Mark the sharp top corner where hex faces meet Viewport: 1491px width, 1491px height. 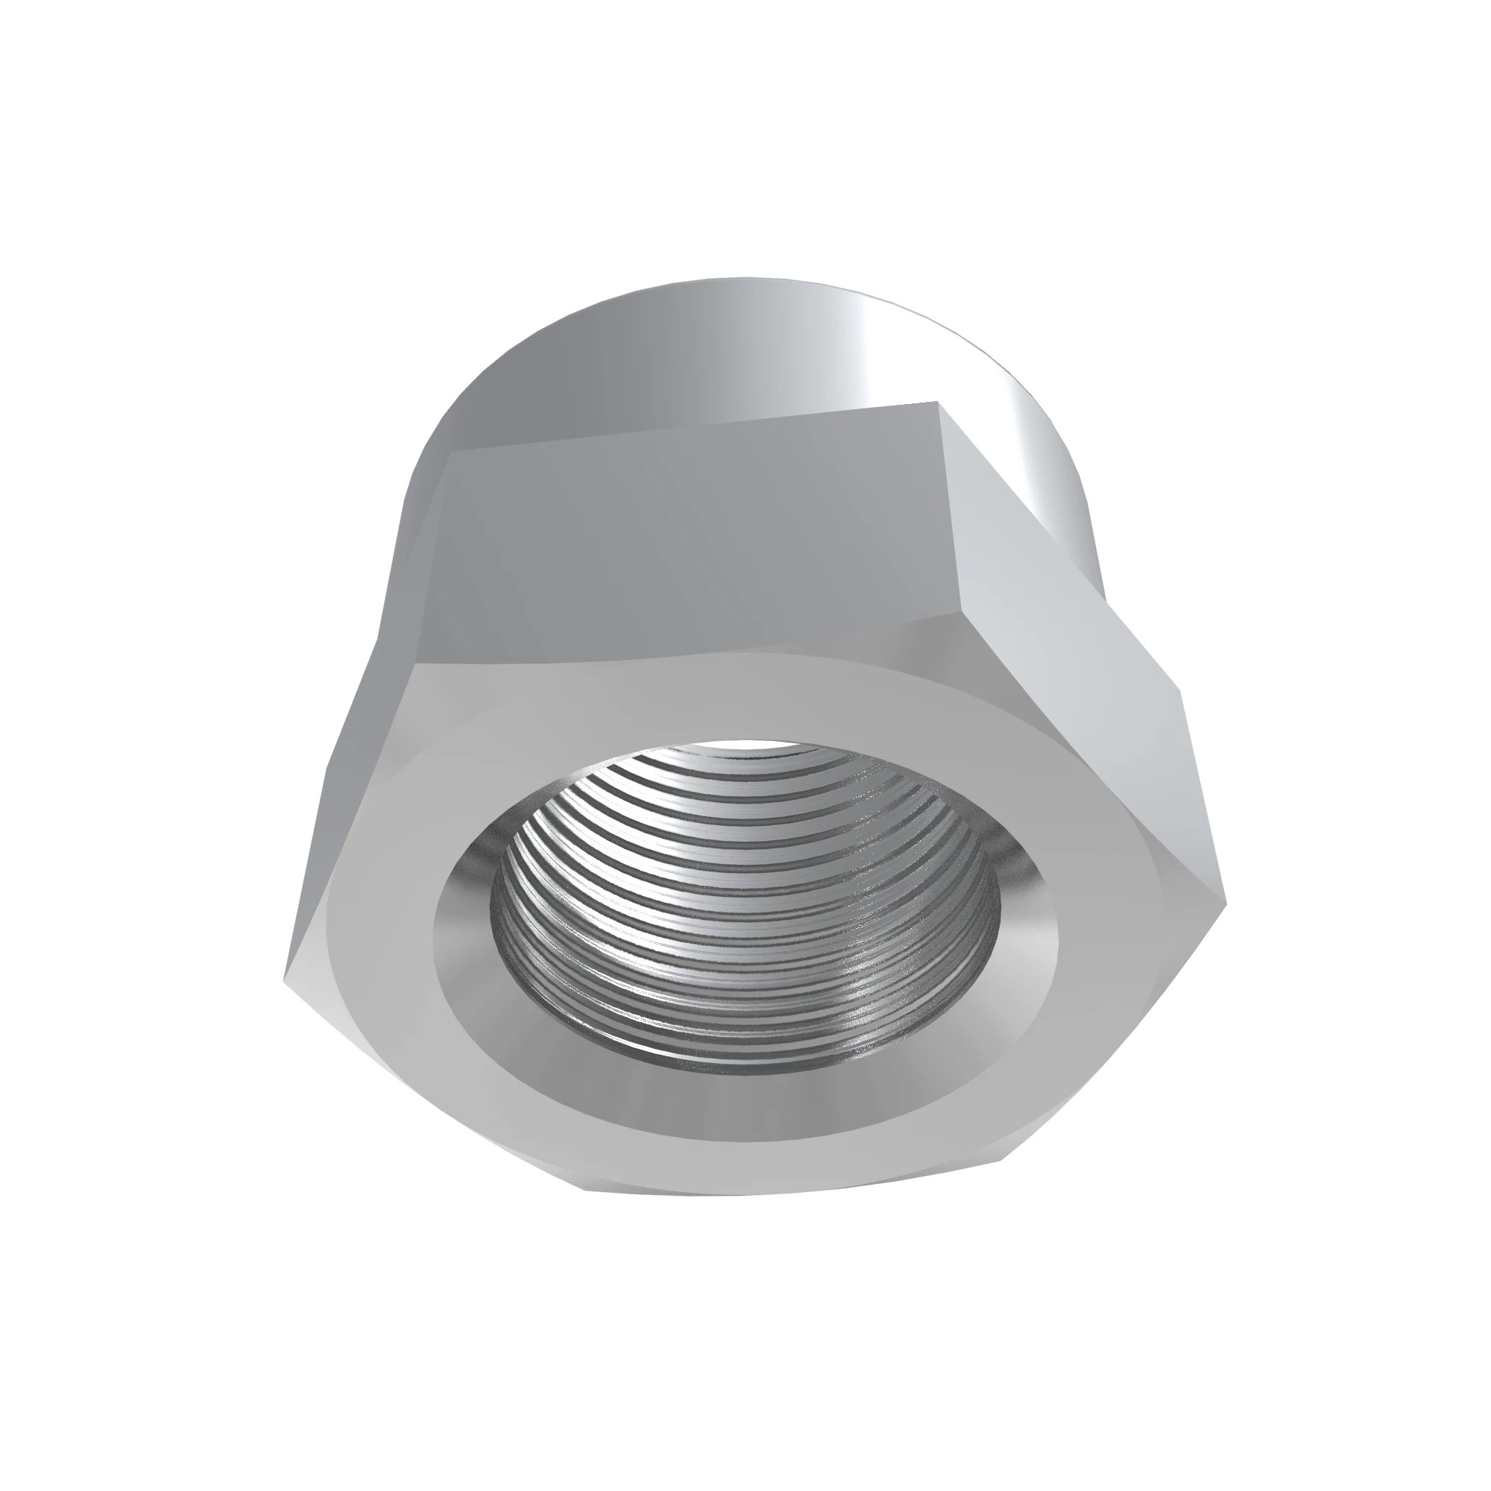pyautogui.click(x=937, y=402)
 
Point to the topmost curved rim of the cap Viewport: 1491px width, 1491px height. pyautogui.click(x=741, y=280)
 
